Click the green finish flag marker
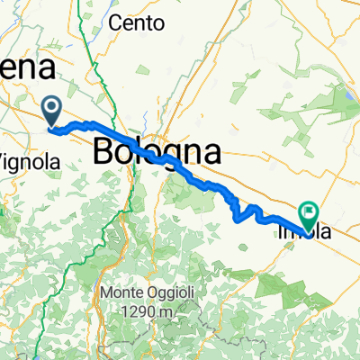(309, 214)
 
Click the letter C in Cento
(114, 24)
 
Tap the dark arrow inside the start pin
(53, 110)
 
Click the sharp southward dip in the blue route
(238, 217)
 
